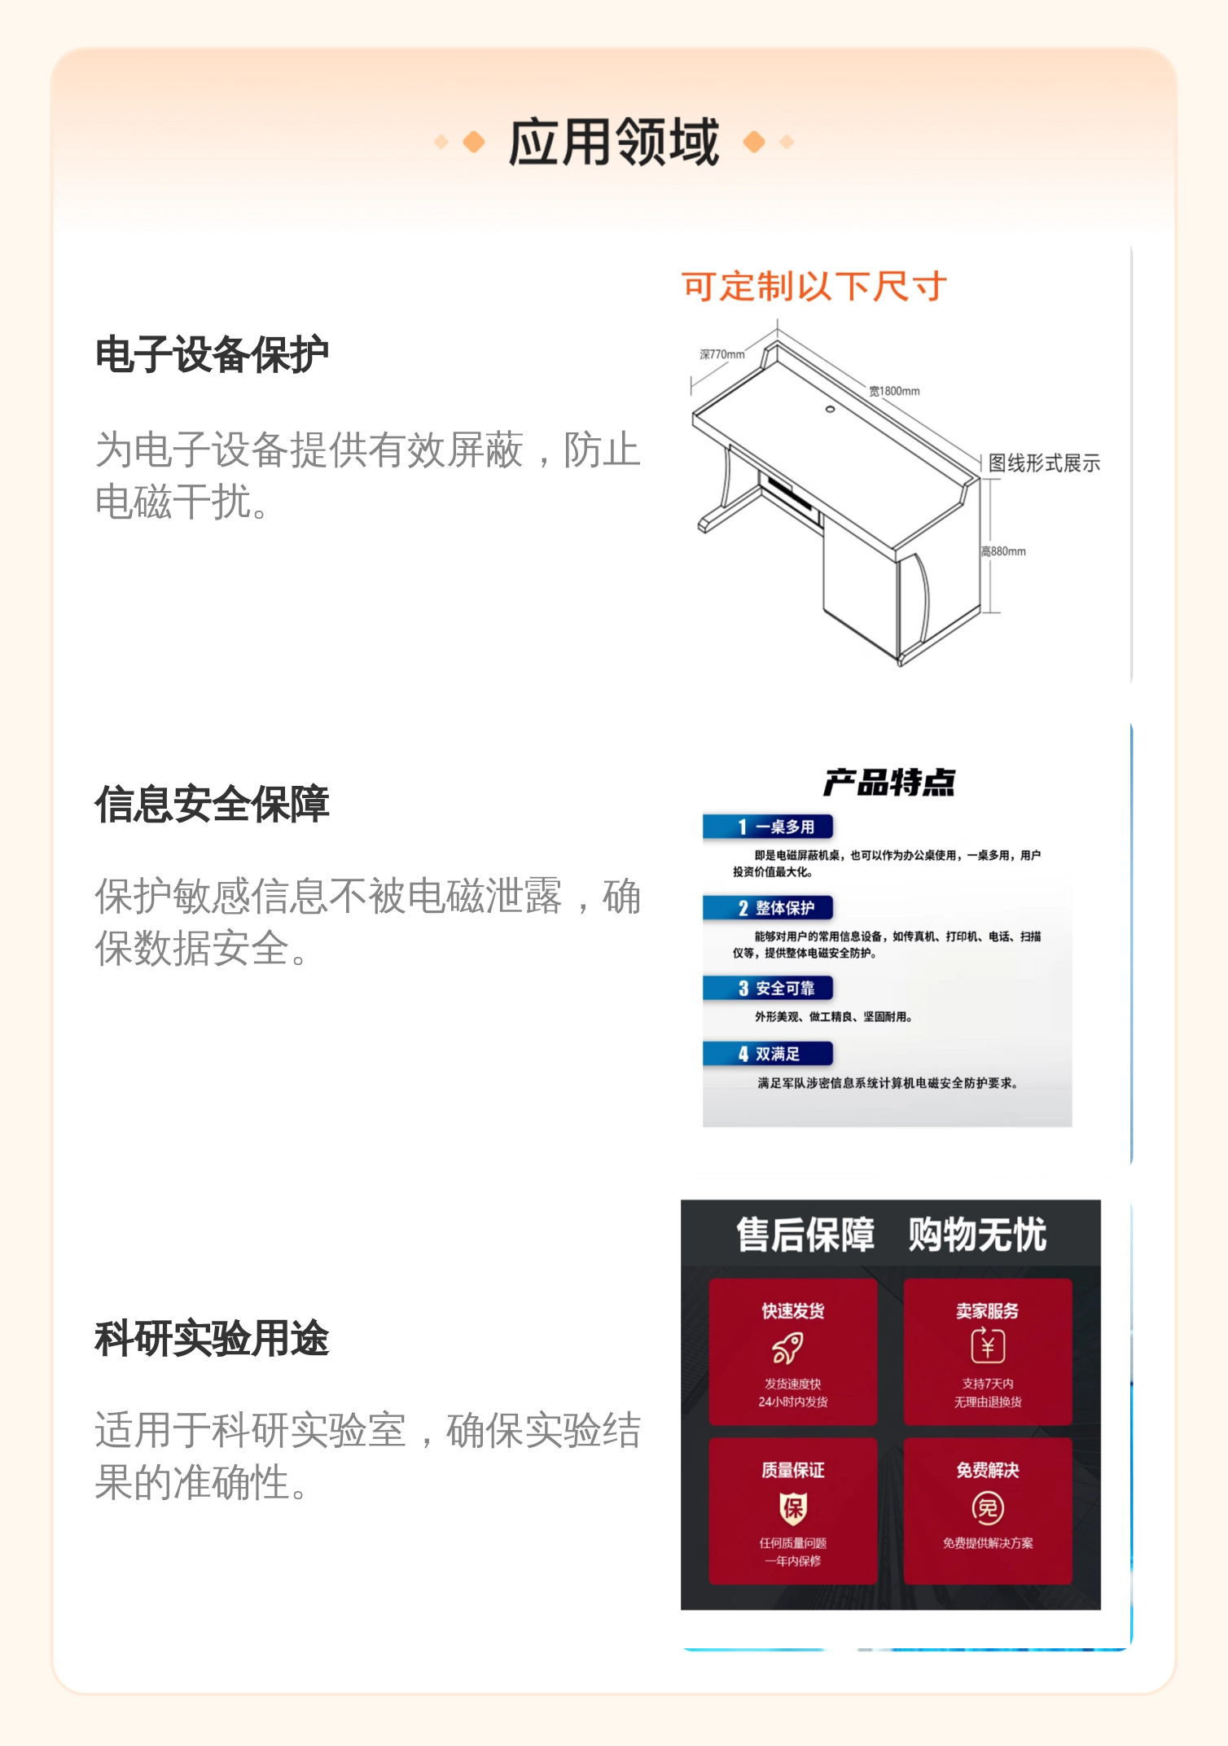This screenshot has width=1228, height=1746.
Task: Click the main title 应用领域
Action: coord(614,142)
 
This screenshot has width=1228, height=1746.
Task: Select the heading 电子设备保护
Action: coord(212,355)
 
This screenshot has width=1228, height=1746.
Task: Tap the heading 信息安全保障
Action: coord(212,805)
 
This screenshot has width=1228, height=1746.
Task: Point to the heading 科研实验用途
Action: coord(212,1339)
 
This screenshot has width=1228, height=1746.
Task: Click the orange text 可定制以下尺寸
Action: coord(814,287)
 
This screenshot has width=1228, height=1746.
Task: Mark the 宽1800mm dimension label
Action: coord(894,391)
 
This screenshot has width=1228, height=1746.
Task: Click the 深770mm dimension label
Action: coord(722,354)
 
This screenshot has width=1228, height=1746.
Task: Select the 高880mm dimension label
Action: coord(1003,551)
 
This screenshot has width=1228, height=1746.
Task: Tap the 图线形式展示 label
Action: coord(1044,463)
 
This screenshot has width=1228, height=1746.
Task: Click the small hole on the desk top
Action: coord(830,409)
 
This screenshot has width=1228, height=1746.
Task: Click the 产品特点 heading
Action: coord(888,782)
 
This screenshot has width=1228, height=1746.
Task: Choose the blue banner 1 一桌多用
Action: coord(768,827)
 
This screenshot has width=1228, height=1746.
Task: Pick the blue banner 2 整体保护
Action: coord(768,908)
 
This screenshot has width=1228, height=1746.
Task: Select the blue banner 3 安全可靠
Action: coord(768,989)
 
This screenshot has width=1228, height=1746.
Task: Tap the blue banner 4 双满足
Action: coord(768,1054)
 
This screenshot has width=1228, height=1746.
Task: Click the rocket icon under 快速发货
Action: coord(788,1348)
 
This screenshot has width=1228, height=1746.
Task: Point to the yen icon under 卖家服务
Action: coord(988,1345)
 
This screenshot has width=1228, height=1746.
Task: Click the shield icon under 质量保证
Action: coord(793,1508)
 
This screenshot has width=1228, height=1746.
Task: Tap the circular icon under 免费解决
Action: coord(988,1508)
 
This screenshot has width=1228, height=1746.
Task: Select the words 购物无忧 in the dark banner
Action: coord(977,1235)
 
